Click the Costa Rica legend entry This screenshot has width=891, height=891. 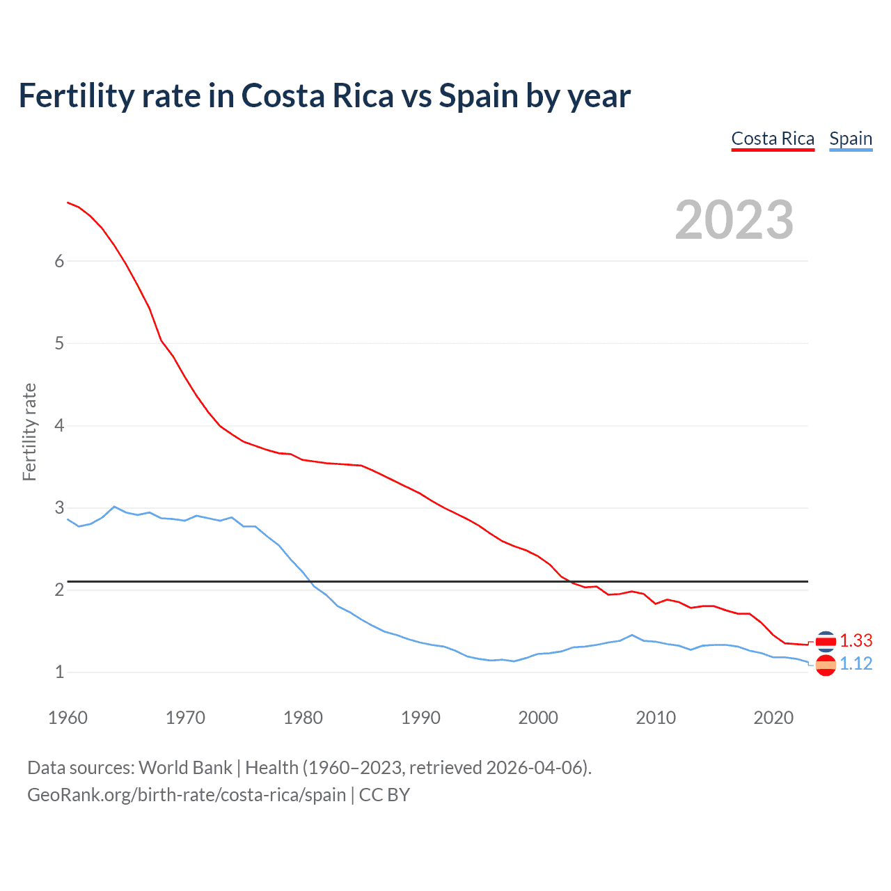pos(773,139)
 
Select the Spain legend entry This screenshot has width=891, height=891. pos(851,139)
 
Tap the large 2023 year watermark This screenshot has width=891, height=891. pos(734,220)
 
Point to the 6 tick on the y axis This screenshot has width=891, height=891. pos(59,261)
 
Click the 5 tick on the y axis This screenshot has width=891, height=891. pos(59,343)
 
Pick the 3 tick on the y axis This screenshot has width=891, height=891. pos(59,507)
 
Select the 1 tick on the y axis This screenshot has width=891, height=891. pos(59,672)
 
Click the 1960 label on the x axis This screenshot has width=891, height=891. pos(68,718)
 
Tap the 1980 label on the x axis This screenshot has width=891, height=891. pos(303,718)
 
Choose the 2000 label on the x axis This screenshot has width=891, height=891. pos(538,718)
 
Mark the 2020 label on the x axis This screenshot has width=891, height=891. pos(773,718)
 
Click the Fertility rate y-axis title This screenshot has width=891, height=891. pos(29,432)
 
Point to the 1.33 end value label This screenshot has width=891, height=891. pos(856,640)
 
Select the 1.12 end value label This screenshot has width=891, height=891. pos(856,664)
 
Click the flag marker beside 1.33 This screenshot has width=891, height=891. pos(826,641)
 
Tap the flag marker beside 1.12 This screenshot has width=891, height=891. pos(826,665)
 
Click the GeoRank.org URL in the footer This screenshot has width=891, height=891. pos(187,795)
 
